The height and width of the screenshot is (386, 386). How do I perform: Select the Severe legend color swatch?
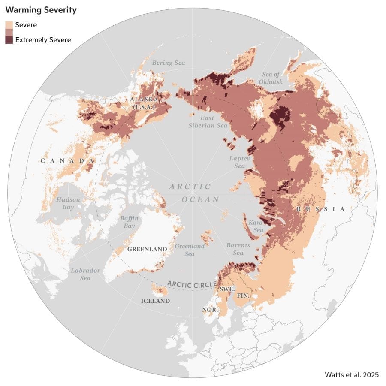tap(9, 25)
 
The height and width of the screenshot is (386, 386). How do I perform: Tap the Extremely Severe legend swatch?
tap(9, 40)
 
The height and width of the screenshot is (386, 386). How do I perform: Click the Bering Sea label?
tap(169, 63)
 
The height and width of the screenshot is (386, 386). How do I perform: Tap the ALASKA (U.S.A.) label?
tap(144, 103)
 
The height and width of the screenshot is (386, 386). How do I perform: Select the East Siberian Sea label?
tap(208, 121)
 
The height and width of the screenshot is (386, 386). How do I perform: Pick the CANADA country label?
tap(68, 160)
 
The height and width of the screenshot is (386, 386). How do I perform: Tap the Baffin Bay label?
tap(129, 222)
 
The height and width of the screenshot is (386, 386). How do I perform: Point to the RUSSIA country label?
tap(320, 209)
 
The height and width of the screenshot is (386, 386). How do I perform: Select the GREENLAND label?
tap(147, 249)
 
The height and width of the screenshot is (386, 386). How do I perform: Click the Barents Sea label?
tap(238, 249)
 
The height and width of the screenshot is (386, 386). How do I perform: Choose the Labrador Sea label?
tap(85, 274)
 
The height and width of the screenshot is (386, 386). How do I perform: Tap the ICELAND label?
tap(155, 301)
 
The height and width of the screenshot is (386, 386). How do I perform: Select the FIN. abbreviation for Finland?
tap(243, 296)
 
